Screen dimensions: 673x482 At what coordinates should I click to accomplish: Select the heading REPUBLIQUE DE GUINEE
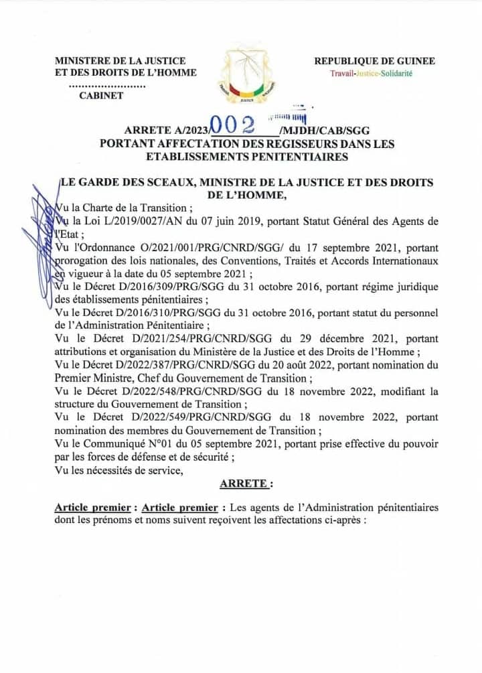(x=374, y=61)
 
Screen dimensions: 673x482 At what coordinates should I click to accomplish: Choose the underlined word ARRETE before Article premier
(x=246, y=483)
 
